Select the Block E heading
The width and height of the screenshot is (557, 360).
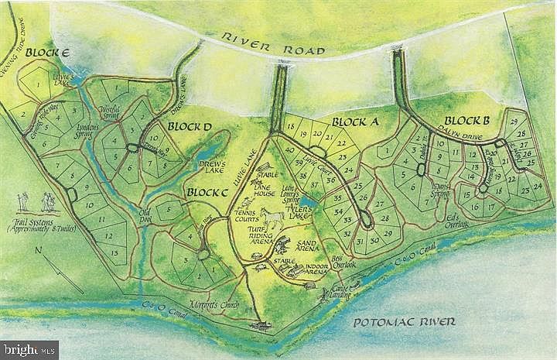pos(47,53)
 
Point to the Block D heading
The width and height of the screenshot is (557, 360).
pos(183,126)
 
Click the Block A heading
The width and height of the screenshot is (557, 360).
pos(353,122)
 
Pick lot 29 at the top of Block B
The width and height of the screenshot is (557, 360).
pos(512,121)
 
